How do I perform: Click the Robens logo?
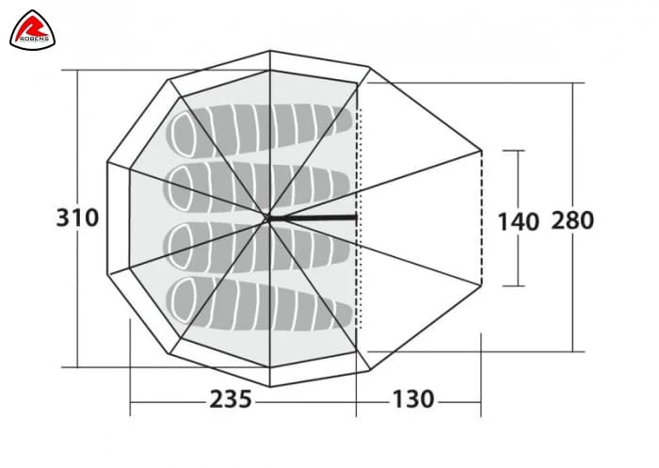tap(32, 30)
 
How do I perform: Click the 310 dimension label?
tap(78, 218)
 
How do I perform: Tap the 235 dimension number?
tap(231, 399)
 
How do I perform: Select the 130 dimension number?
tap(413, 399)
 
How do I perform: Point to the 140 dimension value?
tap(518, 221)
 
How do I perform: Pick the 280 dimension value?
tap(572, 220)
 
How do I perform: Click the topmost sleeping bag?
tap(259, 130)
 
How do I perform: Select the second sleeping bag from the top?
tap(258, 188)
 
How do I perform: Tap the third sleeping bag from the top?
tap(258, 247)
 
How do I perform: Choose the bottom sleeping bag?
tap(259, 303)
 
